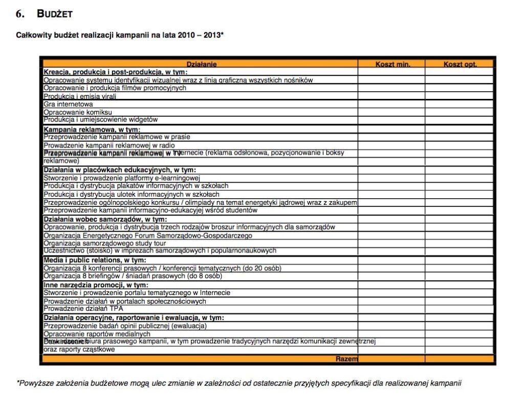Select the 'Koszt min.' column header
pyautogui.click(x=392, y=64)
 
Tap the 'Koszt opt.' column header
pyautogui.click(x=460, y=64)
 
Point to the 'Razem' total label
pyautogui.click(x=346, y=359)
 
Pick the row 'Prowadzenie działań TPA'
pyautogui.click(x=83, y=308)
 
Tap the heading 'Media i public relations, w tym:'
pyautogui.click(x=95, y=260)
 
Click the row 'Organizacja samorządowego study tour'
pyautogui.click(x=104, y=243)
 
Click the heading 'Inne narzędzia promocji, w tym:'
pyautogui.click(x=96, y=285)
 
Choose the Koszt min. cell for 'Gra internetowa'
pyautogui.click(x=391, y=104)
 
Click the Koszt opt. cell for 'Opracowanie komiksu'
pyautogui.click(x=459, y=112)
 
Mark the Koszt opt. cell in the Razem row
pyautogui.click(x=459, y=359)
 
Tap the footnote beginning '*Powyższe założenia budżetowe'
pyautogui.click(x=239, y=383)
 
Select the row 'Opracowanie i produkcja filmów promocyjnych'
pyautogui.click(x=115, y=88)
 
